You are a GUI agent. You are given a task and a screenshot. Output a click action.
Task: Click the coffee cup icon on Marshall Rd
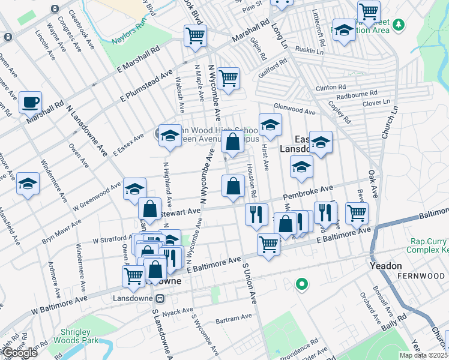30,103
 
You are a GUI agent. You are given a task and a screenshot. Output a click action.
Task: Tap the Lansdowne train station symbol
160,298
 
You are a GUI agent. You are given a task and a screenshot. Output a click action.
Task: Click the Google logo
20,353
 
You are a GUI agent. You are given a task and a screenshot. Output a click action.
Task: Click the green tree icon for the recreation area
399,25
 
